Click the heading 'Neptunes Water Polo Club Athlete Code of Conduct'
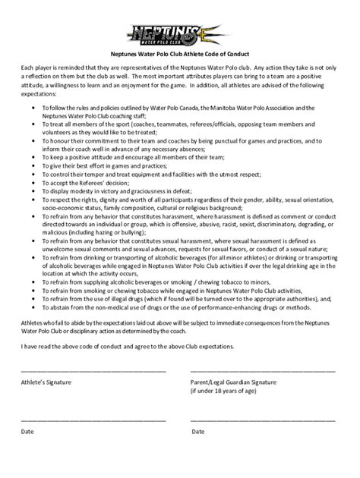179,53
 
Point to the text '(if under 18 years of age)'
226,392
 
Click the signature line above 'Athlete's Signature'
93,371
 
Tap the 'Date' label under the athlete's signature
27,432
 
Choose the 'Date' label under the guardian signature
198,432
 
